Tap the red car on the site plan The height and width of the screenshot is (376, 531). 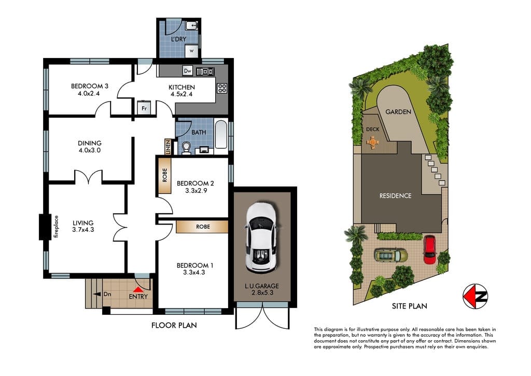tap(429, 249)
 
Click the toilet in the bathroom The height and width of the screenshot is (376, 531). tap(187, 148)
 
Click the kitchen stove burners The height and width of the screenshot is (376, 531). tap(222, 88)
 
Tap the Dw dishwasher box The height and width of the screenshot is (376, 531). tap(188, 71)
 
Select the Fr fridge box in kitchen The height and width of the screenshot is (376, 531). tap(144, 108)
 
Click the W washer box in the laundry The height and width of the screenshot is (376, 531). tap(191, 51)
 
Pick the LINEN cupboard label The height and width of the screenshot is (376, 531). tap(167, 146)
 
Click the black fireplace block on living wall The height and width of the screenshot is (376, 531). tap(44, 227)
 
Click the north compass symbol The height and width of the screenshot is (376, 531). tap(475, 296)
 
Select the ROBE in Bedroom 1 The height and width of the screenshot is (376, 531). tap(202, 227)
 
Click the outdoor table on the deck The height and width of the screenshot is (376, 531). tap(373, 141)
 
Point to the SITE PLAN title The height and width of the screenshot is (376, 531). tap(409, 306)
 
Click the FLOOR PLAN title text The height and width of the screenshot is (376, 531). tap(174, 325)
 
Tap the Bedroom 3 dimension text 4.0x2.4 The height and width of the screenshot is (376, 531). tap(89, 94)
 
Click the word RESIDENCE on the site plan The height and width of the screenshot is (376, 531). tap(395, 196)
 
